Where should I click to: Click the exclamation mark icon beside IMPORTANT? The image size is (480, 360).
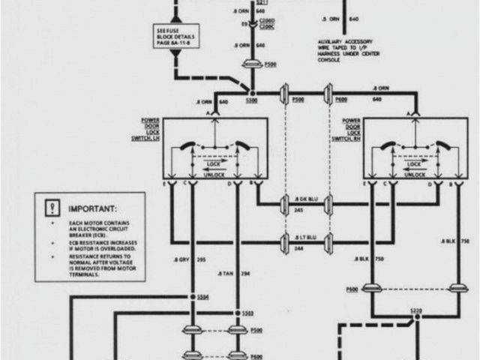tap(52, 207)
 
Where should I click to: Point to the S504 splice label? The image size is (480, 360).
tap(202, 297)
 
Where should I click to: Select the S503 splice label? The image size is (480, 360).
tap(247, 313)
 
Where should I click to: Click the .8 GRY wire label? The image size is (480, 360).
tap(180, 259)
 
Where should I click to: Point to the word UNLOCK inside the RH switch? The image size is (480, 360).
tap(412, 174)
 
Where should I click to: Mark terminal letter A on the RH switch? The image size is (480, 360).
tap(409, 113)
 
